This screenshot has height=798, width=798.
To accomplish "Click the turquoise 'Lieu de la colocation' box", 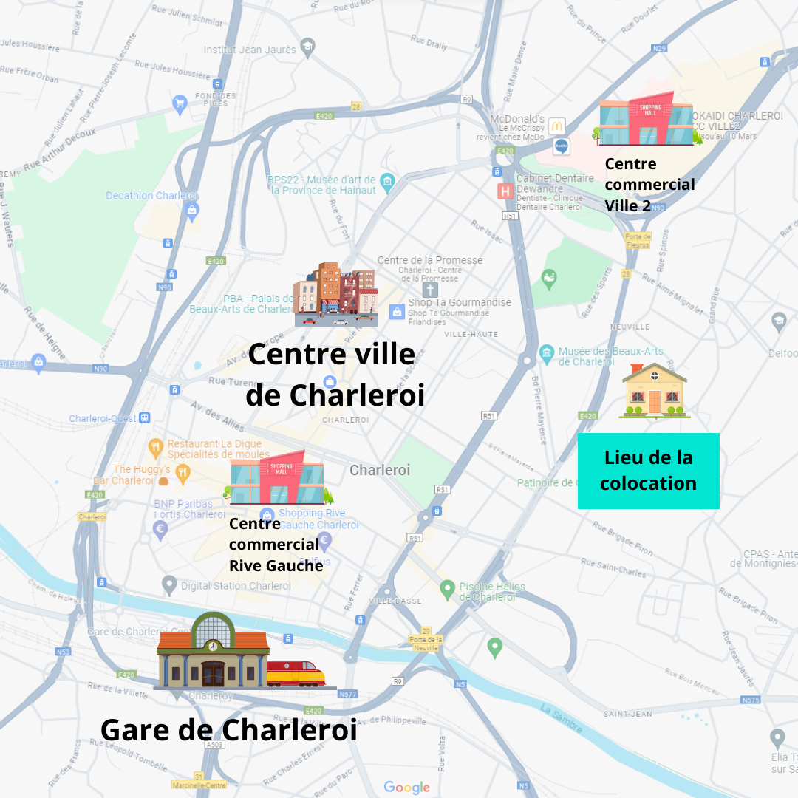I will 648,471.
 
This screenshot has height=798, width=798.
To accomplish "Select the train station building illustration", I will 213,652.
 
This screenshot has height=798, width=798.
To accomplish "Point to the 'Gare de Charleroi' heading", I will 228,730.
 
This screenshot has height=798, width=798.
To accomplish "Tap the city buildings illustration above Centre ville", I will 336,294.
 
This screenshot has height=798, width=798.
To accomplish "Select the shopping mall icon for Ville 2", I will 646,120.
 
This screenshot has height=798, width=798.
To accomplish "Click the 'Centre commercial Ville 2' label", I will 649,185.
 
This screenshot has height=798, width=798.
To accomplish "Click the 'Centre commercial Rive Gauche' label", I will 275,545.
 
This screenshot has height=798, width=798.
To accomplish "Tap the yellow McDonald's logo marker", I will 557,126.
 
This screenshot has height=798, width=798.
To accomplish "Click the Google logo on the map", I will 406,787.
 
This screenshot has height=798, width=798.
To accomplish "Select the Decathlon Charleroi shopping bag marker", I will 192,211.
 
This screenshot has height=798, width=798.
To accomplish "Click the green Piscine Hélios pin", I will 447,589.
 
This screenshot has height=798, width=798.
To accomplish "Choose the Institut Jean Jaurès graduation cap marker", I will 307,48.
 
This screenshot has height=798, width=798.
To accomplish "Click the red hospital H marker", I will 505,191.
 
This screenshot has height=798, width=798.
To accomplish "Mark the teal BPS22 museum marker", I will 387,181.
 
